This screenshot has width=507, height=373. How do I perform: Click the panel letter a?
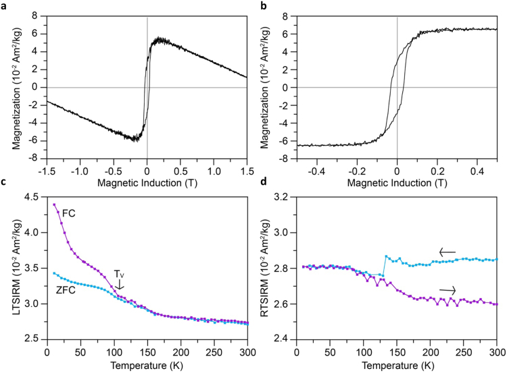tap(4, 5)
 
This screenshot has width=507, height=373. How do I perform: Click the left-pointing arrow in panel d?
tap(446, 252)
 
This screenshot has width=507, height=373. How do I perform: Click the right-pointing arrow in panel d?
tap(446, 291)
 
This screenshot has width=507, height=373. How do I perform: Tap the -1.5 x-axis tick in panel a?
tap(46, 171)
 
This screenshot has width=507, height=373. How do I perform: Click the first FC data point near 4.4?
tap(54, 204)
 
